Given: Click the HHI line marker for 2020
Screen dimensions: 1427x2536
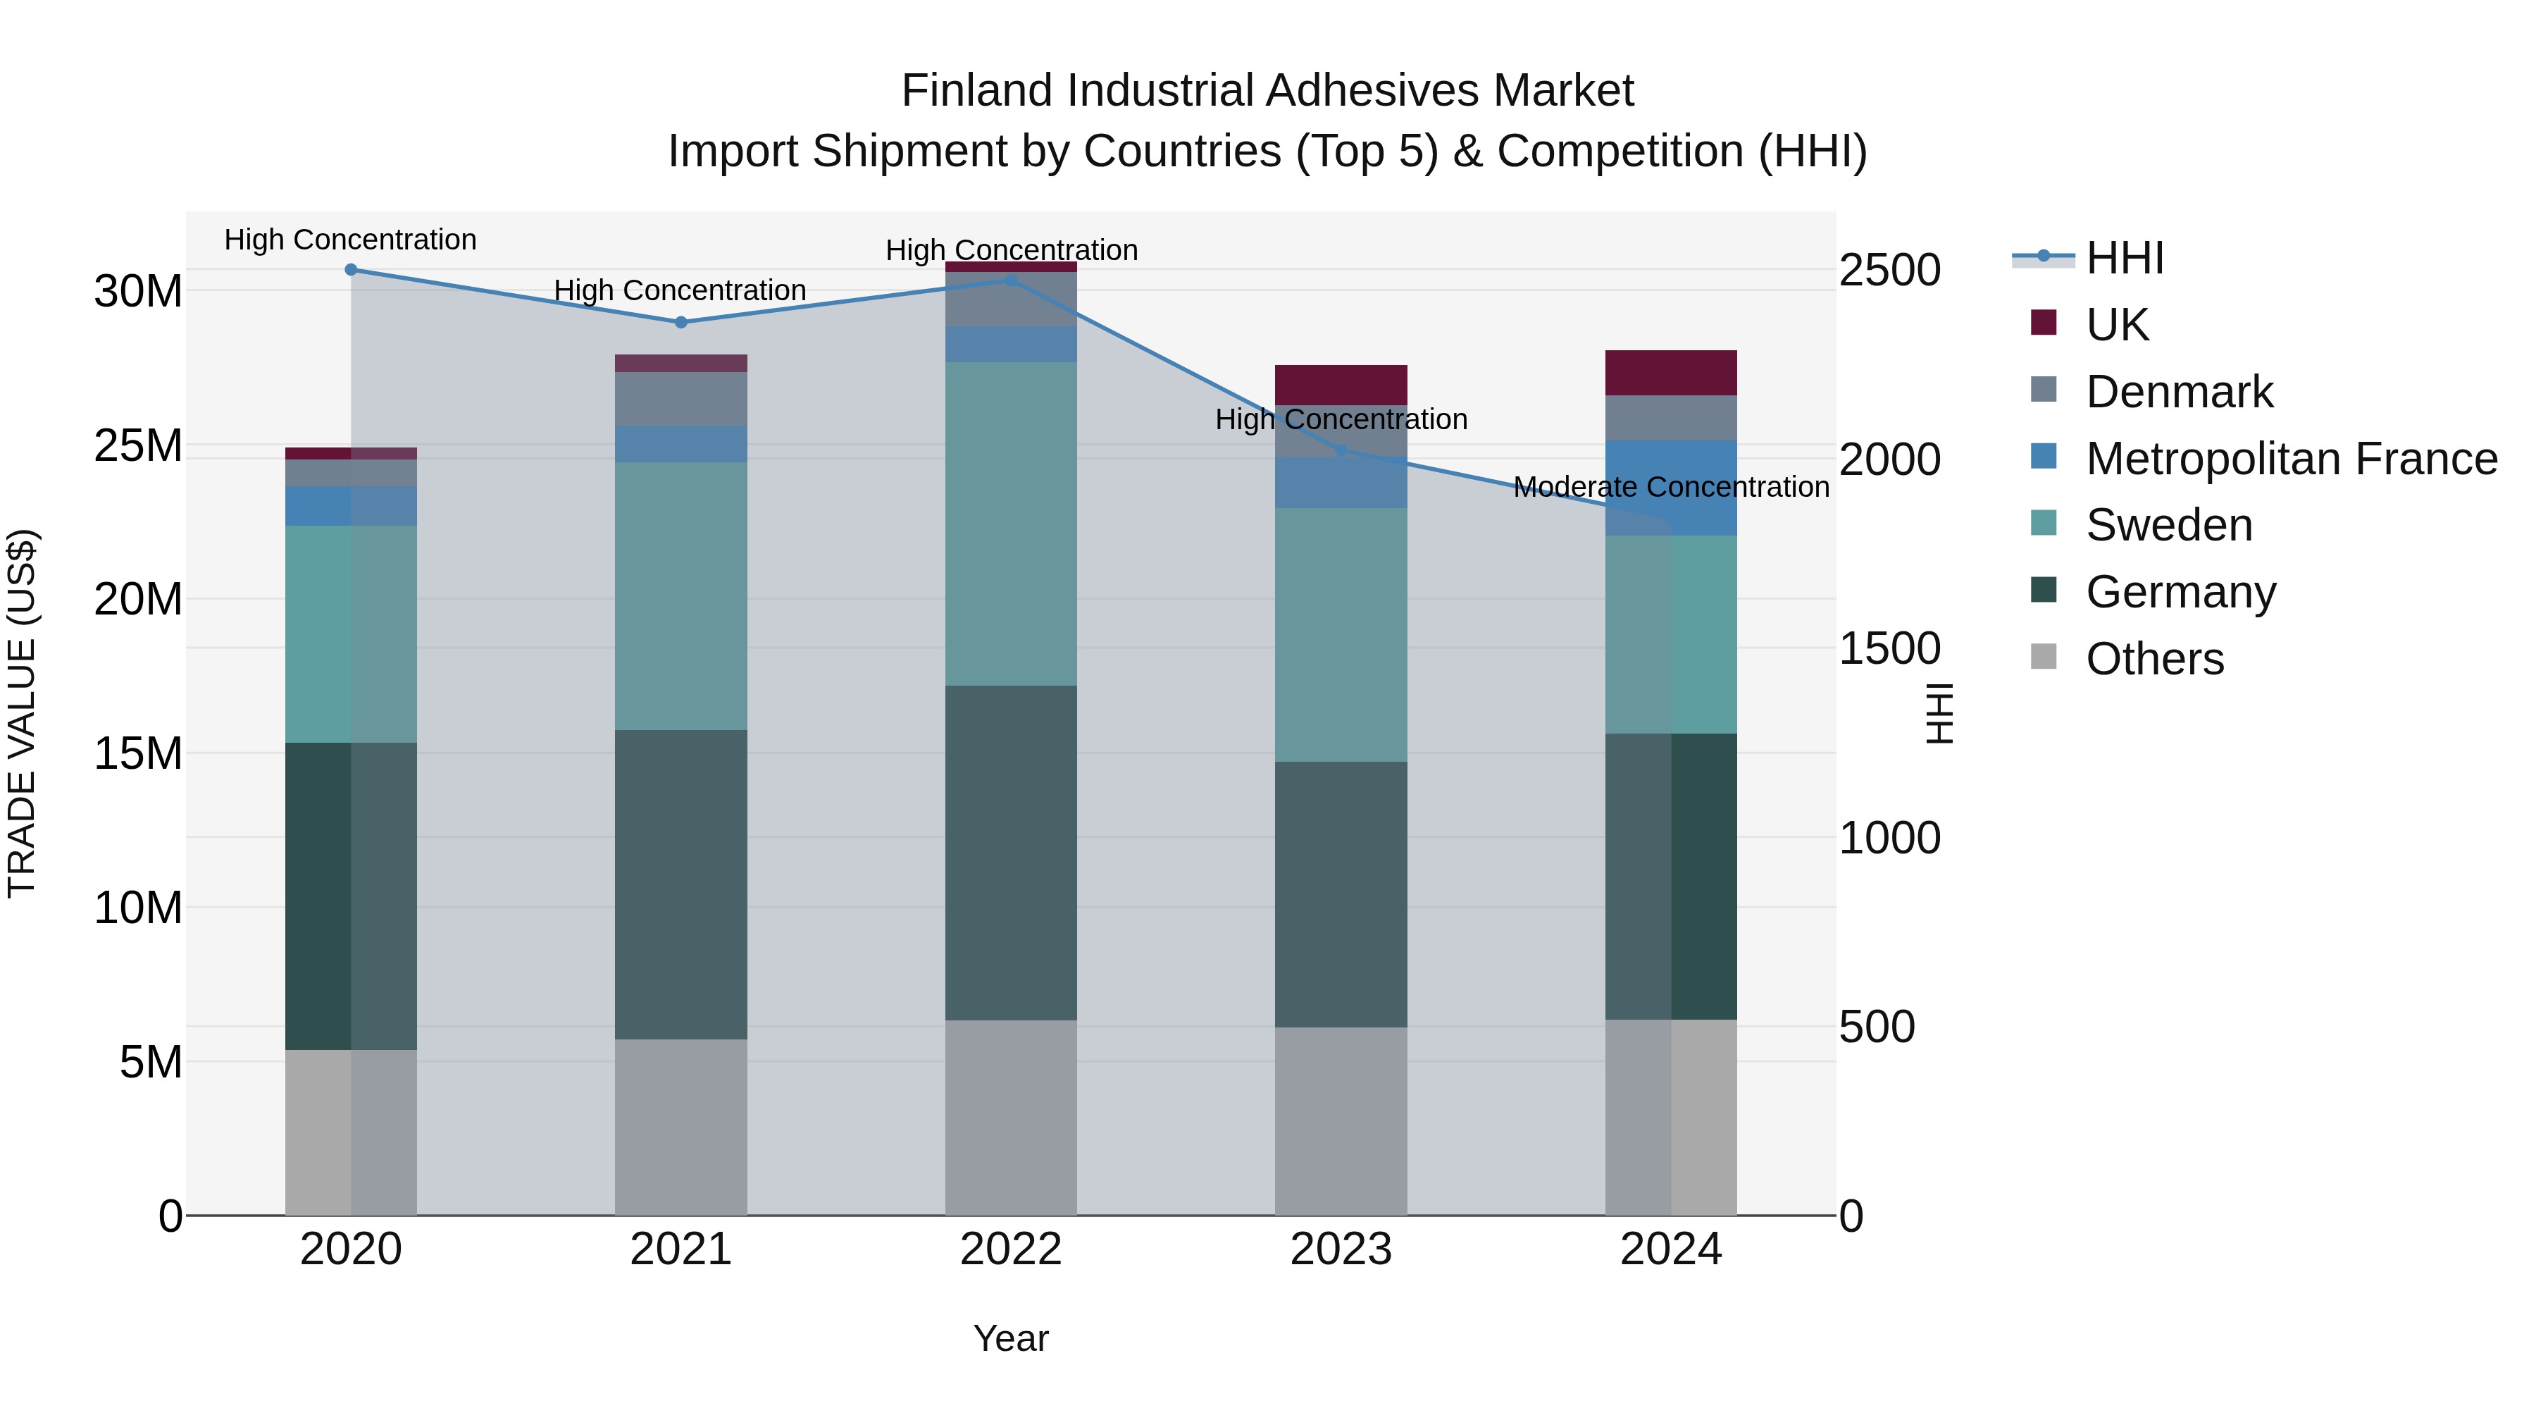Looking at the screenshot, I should click(351, 270).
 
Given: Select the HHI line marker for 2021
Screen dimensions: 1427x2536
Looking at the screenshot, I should click(680, 322).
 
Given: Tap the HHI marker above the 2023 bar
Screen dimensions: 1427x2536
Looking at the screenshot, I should click(1340, 450).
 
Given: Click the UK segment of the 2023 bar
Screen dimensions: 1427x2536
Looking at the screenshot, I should click(1340, 384).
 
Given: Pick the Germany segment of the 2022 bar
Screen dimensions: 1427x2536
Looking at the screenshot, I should click(1010, 852).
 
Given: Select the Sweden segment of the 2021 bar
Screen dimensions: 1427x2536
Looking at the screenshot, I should click(680, 595).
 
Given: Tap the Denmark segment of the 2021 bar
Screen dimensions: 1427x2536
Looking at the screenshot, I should click(680, 398).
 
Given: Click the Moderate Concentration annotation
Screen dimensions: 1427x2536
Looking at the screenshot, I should click(1671, 488).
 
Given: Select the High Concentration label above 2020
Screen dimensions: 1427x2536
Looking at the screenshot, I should click(351, 240).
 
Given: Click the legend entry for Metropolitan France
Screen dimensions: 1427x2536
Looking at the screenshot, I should click(2291, 459).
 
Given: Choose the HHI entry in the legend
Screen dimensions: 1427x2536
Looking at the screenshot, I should click(2125, 258).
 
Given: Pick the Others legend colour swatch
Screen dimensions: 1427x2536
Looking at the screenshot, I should click(2044, 657).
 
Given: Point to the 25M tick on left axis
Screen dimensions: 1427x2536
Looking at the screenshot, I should click(138, 446).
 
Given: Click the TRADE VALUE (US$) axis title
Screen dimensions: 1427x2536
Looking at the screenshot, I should click(22, 713).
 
